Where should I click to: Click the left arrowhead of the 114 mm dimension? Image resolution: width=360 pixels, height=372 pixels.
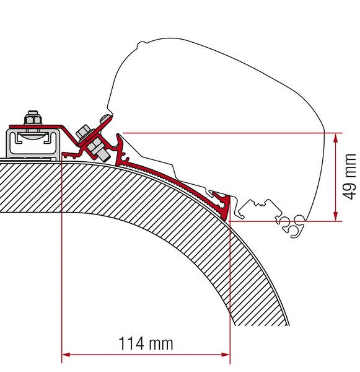tap(66, 355)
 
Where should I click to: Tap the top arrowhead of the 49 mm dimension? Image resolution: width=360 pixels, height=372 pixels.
tap(336, 136)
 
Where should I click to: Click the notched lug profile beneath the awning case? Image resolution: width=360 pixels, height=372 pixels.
tap(260, 206)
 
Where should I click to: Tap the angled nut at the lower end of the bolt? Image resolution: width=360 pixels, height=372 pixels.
tap(97, 149)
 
